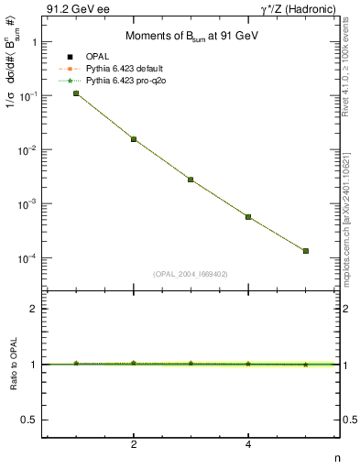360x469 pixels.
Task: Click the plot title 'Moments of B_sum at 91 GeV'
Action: click(x=191, y=34)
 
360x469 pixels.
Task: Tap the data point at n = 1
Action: click(x=76, y=93)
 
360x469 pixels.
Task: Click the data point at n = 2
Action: click(x=134, y=139)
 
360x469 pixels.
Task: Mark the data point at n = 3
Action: click(x=191, y=180)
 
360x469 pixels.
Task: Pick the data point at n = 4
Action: click(x=248, y=217)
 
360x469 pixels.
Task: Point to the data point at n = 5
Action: click(x=306, y=251)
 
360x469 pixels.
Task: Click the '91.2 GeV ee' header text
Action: click(x=69, y=10)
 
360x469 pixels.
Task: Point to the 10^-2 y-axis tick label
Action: click(x=28, y=149)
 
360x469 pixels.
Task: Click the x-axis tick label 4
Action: click(x=248, y=446)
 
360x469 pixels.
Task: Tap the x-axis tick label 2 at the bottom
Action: click(x=134, y=446)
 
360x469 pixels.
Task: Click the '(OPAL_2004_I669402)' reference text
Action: click(x=191, y=273)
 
